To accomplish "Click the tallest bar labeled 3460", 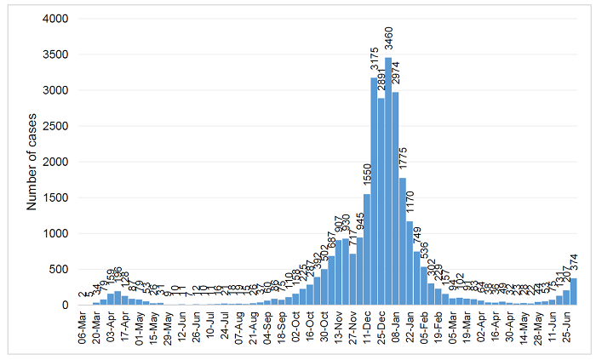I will (388, 181).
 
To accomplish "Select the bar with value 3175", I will (374, 191).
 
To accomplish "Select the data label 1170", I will (410, 203).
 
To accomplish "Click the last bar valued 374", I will (573, 292).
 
